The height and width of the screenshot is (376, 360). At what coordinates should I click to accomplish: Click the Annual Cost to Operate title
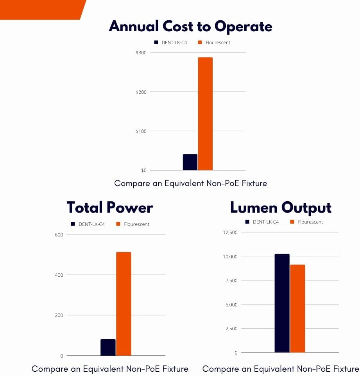pos(190,27)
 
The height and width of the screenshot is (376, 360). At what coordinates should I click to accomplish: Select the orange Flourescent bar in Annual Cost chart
pos(205,114)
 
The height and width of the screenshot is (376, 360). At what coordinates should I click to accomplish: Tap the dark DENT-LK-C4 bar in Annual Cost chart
pos(190,162)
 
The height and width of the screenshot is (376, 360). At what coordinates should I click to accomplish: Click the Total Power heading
pos(110,207)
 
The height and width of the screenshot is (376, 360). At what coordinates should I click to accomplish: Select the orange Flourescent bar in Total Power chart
pos(124,304)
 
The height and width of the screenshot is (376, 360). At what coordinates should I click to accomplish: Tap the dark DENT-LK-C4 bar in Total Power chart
pos(108,347)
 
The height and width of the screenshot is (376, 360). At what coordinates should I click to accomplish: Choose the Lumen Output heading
pos(281,207)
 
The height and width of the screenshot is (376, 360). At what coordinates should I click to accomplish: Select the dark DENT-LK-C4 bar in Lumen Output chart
pos(282,303)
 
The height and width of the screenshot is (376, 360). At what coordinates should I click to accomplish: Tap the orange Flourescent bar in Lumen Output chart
pos(297,308)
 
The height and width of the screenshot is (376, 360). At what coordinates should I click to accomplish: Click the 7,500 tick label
pos(231,281)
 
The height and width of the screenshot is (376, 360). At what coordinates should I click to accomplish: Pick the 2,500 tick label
pos(231,329)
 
